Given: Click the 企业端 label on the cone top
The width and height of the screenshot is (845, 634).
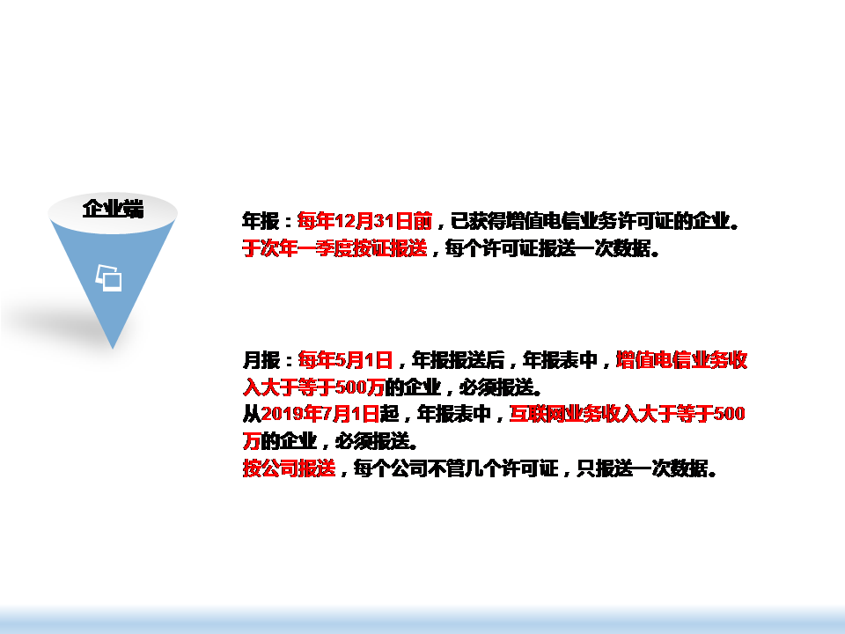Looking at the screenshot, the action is coord(114,209).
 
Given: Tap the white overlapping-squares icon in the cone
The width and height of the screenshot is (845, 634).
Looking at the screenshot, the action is coord(109,277).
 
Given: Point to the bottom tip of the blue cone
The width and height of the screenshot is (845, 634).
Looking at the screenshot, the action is coord(113,349).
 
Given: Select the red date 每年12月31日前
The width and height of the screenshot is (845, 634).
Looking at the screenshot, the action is coord(365,221).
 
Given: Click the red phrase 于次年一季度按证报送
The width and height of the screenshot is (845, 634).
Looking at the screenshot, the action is coord(334,248).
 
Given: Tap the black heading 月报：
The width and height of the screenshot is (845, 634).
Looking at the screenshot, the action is coord(268,359).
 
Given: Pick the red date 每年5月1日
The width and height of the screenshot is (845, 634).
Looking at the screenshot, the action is coord(345,359).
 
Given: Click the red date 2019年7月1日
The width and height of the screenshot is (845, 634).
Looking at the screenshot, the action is coord(320,414).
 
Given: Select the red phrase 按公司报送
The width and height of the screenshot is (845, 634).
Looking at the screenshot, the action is coord(290,468).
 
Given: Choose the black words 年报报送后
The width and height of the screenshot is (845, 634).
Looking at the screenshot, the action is coord(458,359).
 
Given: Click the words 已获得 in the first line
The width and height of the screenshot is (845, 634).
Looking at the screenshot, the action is coord(478,221).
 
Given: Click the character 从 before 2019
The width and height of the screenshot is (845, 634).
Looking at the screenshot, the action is coord(252,414).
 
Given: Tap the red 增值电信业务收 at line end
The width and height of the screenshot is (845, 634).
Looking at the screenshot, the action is coord(681,359).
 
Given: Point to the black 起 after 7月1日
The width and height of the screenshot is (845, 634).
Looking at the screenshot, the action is coord(389,414).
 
